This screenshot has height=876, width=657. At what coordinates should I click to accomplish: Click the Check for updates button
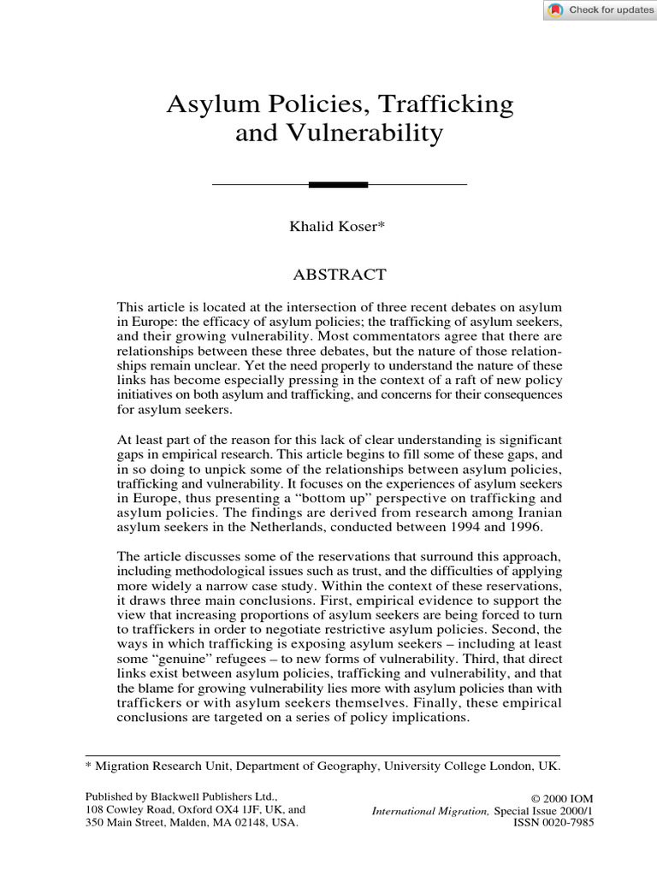tap(599, 10)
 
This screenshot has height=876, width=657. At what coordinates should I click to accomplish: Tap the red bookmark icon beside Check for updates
tap(556, 10)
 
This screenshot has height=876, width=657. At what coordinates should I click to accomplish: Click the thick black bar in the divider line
tap(338, 184)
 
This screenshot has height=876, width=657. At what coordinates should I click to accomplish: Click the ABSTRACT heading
tap(340, 275)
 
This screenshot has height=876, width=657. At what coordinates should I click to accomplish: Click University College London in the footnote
tap(478, 766)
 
